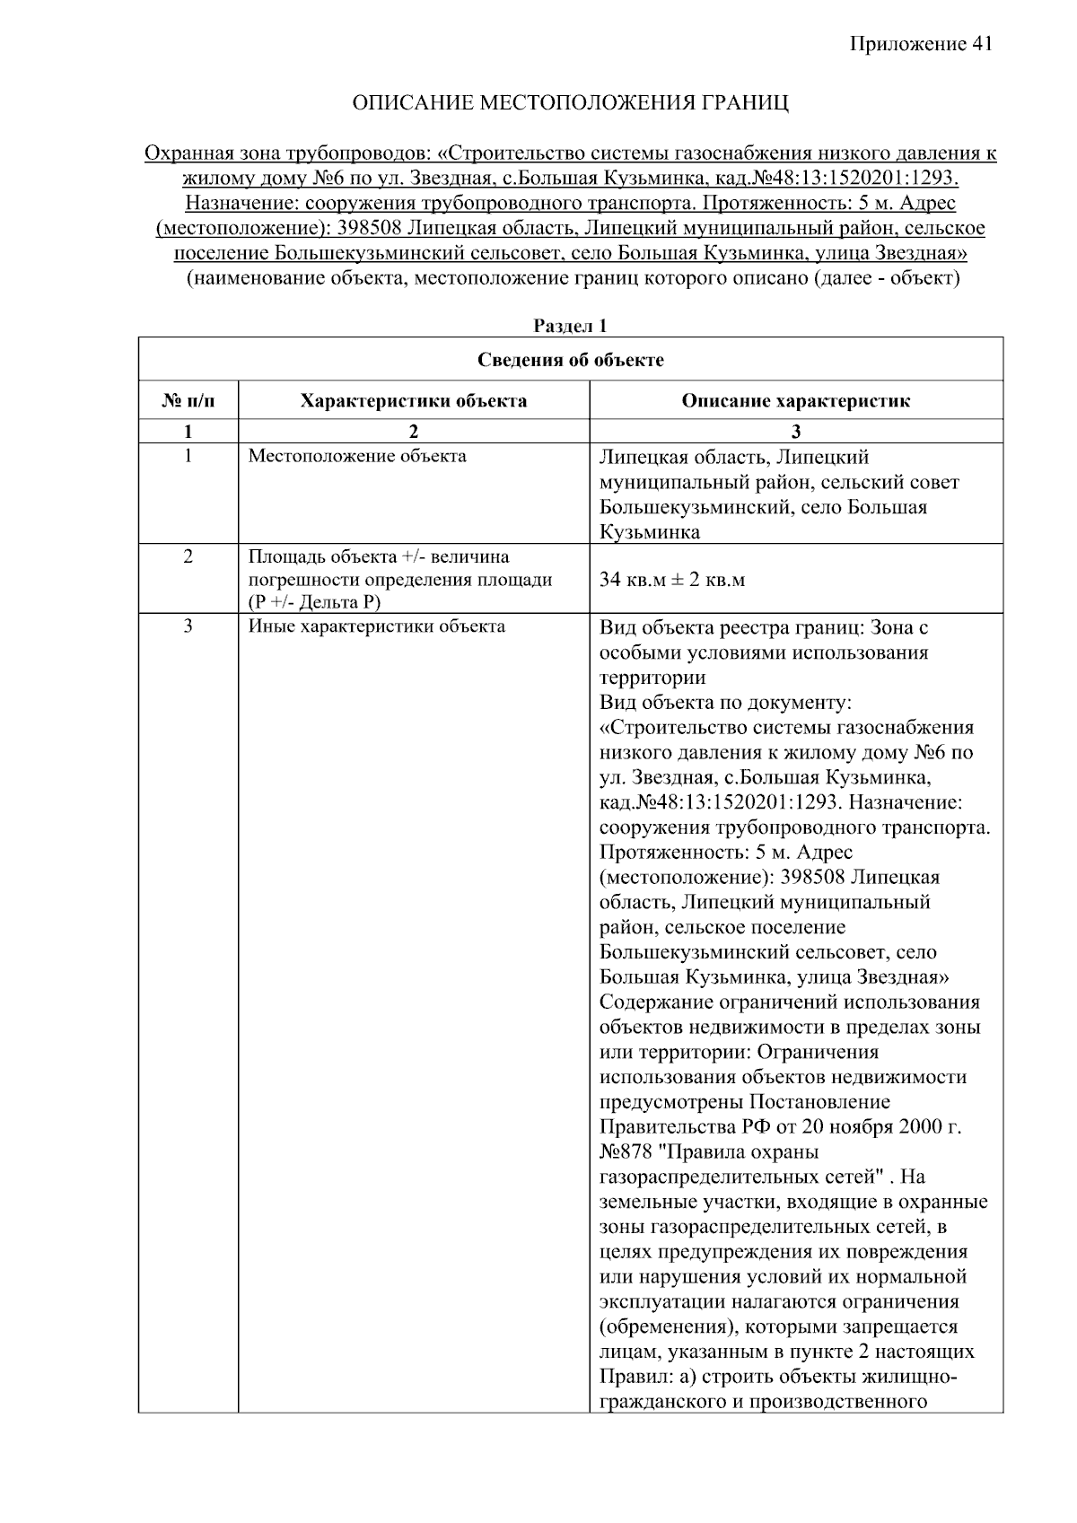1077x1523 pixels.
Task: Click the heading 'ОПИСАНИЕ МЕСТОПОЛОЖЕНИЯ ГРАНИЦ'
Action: tap(570, 103)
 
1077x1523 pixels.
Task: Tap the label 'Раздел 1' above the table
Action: tap(570, 326)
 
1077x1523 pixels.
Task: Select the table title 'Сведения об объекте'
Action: tap(570, 360)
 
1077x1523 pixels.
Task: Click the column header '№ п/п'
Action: tap(188, 401)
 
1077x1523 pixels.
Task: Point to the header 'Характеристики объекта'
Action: tap(413, 401)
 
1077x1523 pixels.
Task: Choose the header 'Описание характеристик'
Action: tap(795, 401)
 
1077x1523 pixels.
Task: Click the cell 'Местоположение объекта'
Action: tap(357, 456)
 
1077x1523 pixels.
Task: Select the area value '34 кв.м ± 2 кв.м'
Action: tap(672, 580)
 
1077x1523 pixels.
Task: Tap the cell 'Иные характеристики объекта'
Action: tap(376, 626)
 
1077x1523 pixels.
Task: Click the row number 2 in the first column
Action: tap(188, 556)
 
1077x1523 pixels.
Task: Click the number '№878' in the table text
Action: tap(626, 1151)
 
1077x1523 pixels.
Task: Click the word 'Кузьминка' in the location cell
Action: tap(650, 532)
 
